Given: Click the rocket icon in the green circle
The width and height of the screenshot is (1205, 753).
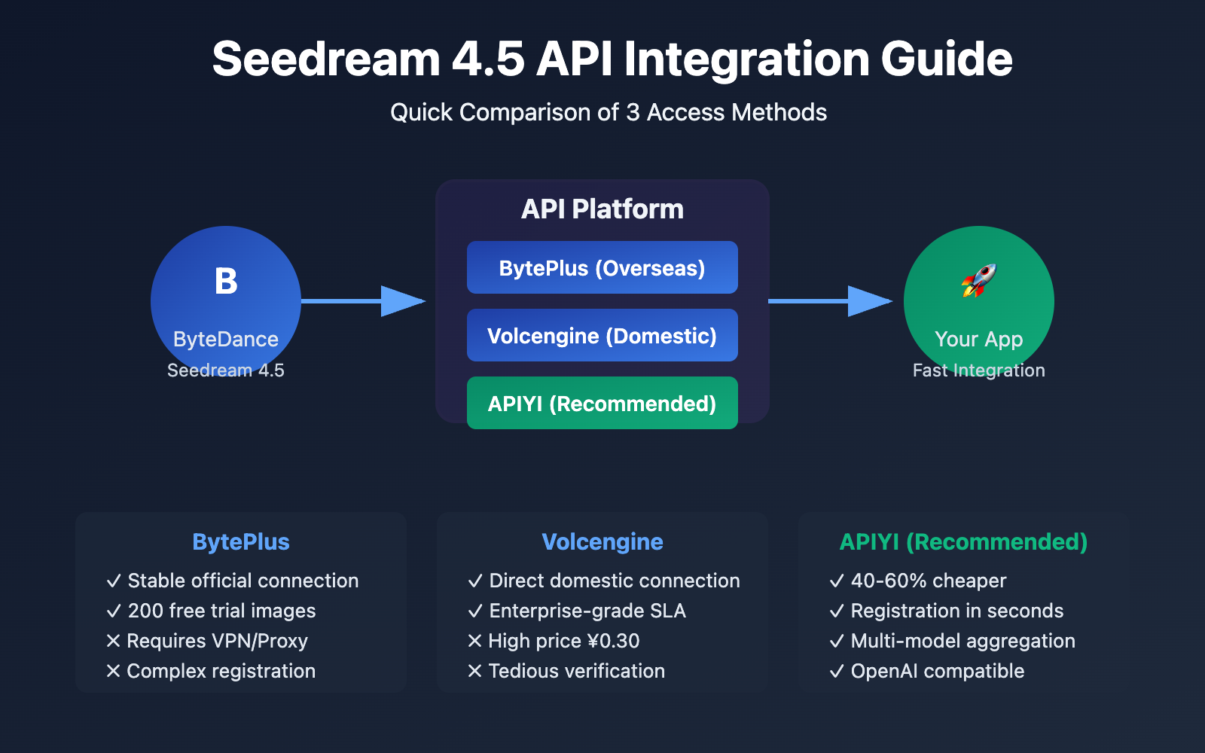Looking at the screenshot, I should coord(978,280).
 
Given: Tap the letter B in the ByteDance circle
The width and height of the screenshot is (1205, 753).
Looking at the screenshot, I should coord(226,282).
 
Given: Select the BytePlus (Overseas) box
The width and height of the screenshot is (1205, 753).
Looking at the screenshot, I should coord(602,267).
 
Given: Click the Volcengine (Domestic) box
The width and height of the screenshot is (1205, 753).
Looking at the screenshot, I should coord(602,335).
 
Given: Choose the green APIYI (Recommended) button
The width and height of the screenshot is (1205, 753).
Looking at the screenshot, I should coord(602,403).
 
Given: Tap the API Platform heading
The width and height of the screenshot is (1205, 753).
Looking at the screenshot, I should coord(602,209).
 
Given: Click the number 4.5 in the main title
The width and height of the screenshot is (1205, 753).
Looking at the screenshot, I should coord(487,59).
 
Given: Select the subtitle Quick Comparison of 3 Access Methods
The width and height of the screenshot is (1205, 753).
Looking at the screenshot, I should coord(608,112).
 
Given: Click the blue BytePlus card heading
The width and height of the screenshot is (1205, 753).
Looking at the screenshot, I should coord(241,541).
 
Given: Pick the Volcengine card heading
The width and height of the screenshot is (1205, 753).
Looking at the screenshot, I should coord(602,541).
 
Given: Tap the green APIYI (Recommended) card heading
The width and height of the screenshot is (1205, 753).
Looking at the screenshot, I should coord(963,541).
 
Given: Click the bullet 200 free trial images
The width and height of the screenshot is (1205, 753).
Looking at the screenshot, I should coord(221,611).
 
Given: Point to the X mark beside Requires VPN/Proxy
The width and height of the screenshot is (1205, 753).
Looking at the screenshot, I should coord(114,641).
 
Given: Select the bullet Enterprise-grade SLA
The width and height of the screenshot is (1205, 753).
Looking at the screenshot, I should coord(587,611).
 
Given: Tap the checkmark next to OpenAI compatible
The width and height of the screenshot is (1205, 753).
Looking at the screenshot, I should coord(836,671).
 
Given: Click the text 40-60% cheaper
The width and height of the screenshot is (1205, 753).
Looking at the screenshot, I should coord(928,581).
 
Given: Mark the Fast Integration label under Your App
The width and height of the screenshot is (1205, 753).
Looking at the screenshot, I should coord(978,370).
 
